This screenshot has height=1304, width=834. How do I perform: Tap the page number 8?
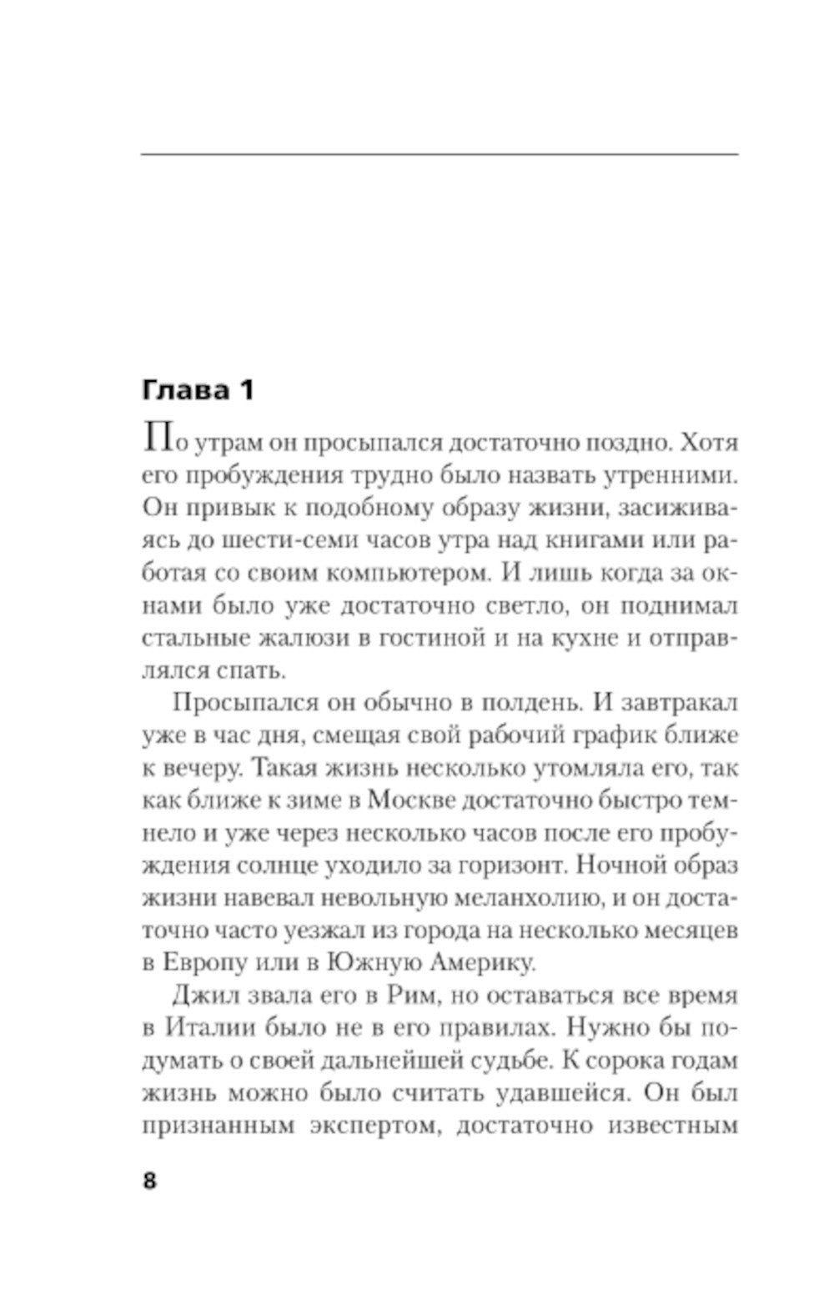(x=150, y=1181)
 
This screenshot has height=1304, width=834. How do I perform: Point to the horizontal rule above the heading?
(x=440, y=154)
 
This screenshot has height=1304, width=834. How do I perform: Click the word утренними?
(x=661, y=477)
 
